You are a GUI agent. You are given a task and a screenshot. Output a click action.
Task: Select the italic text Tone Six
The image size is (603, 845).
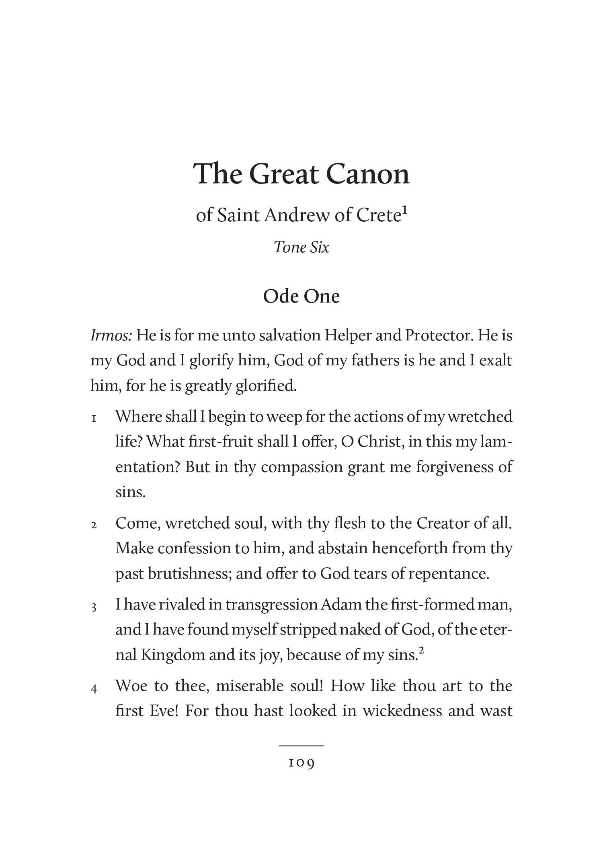click(301, 247)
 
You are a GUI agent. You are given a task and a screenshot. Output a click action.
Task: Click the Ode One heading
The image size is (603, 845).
click(301, 297)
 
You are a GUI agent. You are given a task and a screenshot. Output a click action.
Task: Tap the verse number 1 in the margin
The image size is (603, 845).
click(94, 419)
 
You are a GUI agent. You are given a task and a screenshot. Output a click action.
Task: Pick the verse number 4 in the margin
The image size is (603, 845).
click(94, 689)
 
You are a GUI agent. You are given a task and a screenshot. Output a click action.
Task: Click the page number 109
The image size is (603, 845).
click(301, 763)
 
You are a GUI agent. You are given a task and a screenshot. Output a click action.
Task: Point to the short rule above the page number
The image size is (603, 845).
click(301, 746)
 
